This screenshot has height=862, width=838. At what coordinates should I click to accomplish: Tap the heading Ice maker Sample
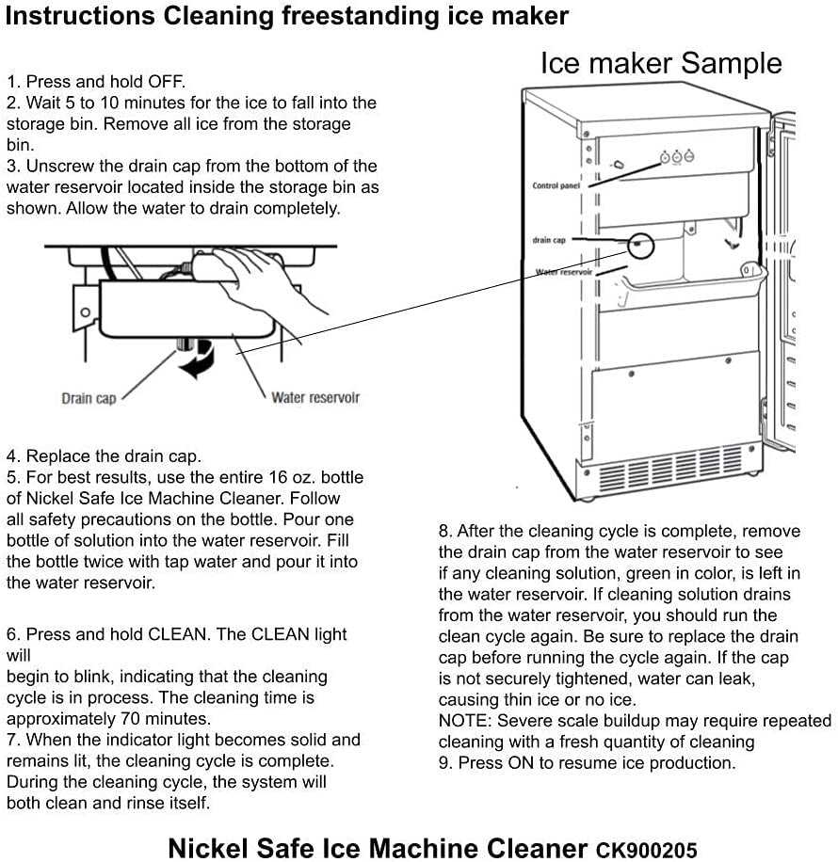[660, 63]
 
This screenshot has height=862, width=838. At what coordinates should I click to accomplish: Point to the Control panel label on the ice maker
[556, 185]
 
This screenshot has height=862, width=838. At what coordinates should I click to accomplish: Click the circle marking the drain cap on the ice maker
[640, 245]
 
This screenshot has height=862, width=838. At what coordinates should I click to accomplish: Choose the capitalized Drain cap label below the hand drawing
[89, 398]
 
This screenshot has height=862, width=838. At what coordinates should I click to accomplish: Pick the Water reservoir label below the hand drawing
[315, 397]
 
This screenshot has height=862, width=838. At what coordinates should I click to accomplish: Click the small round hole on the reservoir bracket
[85, 311]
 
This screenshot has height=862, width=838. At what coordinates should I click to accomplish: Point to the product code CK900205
[646, 850]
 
